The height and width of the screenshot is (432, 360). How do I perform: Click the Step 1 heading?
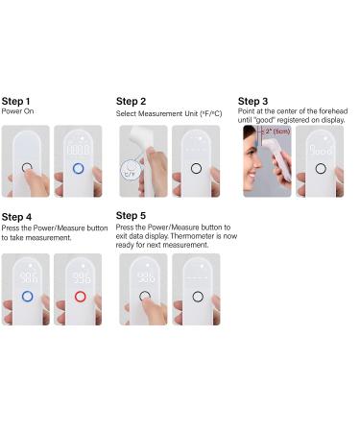click(x=15, y=102)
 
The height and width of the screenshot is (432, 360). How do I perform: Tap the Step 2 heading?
click(x=131, y=102)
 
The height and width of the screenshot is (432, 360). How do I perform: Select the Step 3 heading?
click(x=252, y=102)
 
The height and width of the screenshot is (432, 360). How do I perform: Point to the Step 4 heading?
click(x=16, y=217)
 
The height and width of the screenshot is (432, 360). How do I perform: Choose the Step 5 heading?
click(x=131, y=216)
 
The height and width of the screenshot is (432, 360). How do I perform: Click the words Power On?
click(x=17, y=111)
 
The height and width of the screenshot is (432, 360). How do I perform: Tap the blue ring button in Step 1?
click(x=79, y=168)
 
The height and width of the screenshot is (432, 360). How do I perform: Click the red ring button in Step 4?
click(x=80, y=297)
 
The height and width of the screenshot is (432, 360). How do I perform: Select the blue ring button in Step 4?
click(x=27, y=297)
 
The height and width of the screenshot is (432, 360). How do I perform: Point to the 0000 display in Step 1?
click(x=79, y=150)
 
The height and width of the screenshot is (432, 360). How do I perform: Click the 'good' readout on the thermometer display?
click(x=321, y=150)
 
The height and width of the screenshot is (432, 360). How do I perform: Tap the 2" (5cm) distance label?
click(x=277, y=132)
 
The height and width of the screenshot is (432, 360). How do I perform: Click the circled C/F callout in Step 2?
click(x=130, y=171)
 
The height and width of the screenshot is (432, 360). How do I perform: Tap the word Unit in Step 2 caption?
click(x=191, y=113)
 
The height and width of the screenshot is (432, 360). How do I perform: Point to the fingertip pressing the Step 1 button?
click(x=30, y=170)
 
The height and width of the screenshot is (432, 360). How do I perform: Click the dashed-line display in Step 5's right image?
click(x=196, y=277)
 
